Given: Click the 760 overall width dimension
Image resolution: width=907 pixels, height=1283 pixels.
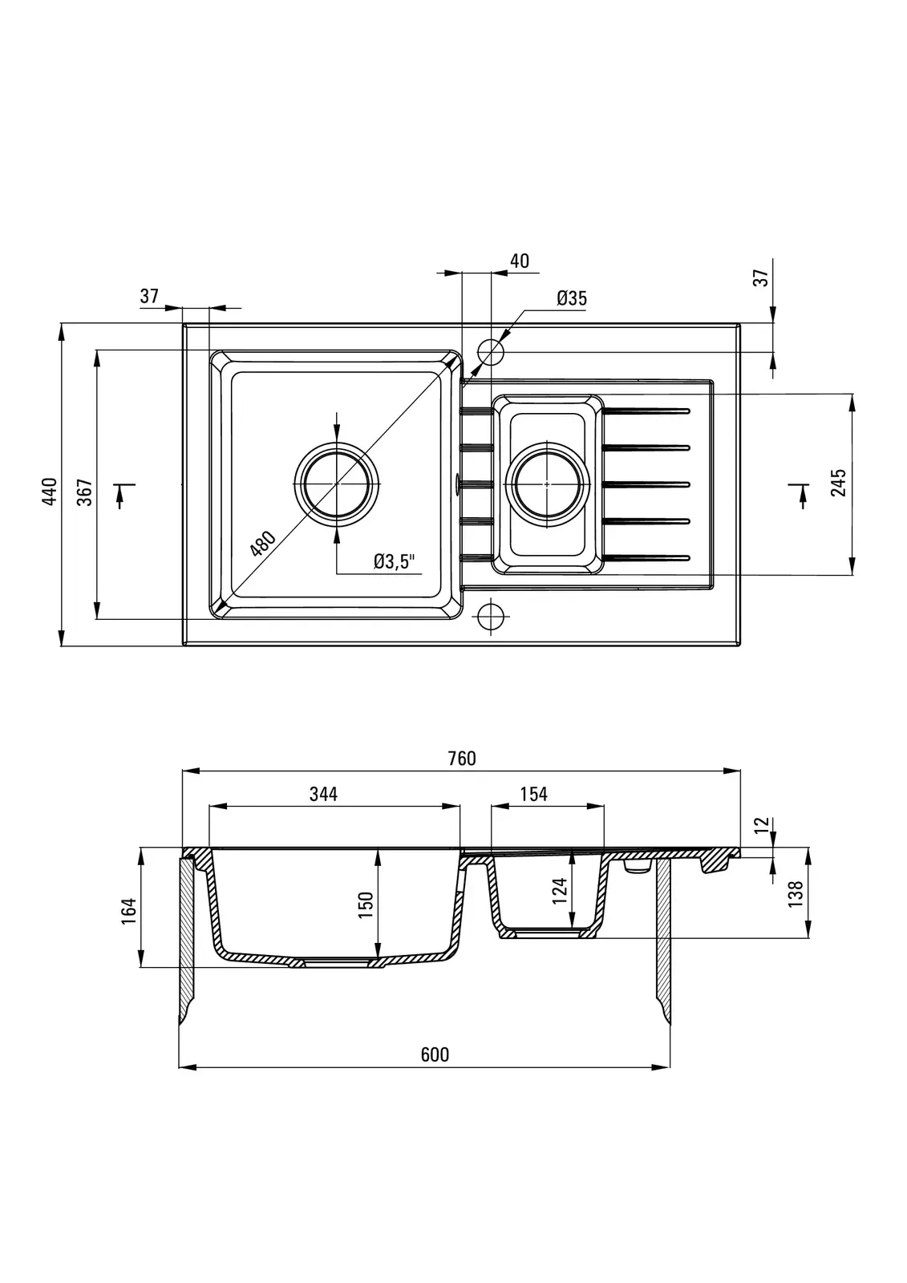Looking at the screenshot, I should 462,759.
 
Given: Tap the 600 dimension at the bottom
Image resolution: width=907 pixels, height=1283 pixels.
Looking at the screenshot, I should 435,1054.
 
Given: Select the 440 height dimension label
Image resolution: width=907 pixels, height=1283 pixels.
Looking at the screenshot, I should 50,490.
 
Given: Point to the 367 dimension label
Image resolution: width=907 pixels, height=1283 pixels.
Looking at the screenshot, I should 85,492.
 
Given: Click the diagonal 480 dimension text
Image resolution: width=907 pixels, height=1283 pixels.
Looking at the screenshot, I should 262,544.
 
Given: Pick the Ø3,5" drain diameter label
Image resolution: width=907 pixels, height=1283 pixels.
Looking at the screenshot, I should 397,561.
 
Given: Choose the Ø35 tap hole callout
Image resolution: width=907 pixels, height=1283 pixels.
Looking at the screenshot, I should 572,298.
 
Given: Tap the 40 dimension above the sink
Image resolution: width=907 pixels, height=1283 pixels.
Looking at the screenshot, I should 519,261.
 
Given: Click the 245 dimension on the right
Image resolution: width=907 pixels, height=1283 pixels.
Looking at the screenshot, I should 838,484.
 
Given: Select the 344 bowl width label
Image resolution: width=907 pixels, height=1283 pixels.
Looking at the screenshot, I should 323,794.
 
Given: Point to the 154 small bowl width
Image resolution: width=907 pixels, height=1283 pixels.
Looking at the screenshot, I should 533,794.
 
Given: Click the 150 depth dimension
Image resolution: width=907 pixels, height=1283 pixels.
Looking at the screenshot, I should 366,906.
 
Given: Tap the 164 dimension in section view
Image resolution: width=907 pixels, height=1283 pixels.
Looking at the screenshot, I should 128,911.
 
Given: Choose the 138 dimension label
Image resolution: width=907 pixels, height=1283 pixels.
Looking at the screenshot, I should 796,894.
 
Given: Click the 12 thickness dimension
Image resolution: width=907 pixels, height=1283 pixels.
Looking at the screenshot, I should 762,824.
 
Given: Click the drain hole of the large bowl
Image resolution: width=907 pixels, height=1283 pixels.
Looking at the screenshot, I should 337,484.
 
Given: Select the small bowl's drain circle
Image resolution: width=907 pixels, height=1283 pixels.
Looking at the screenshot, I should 547,484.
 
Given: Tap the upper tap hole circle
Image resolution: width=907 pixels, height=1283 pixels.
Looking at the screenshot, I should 491,351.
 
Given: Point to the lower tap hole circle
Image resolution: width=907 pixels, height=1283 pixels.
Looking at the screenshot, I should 491,616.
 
